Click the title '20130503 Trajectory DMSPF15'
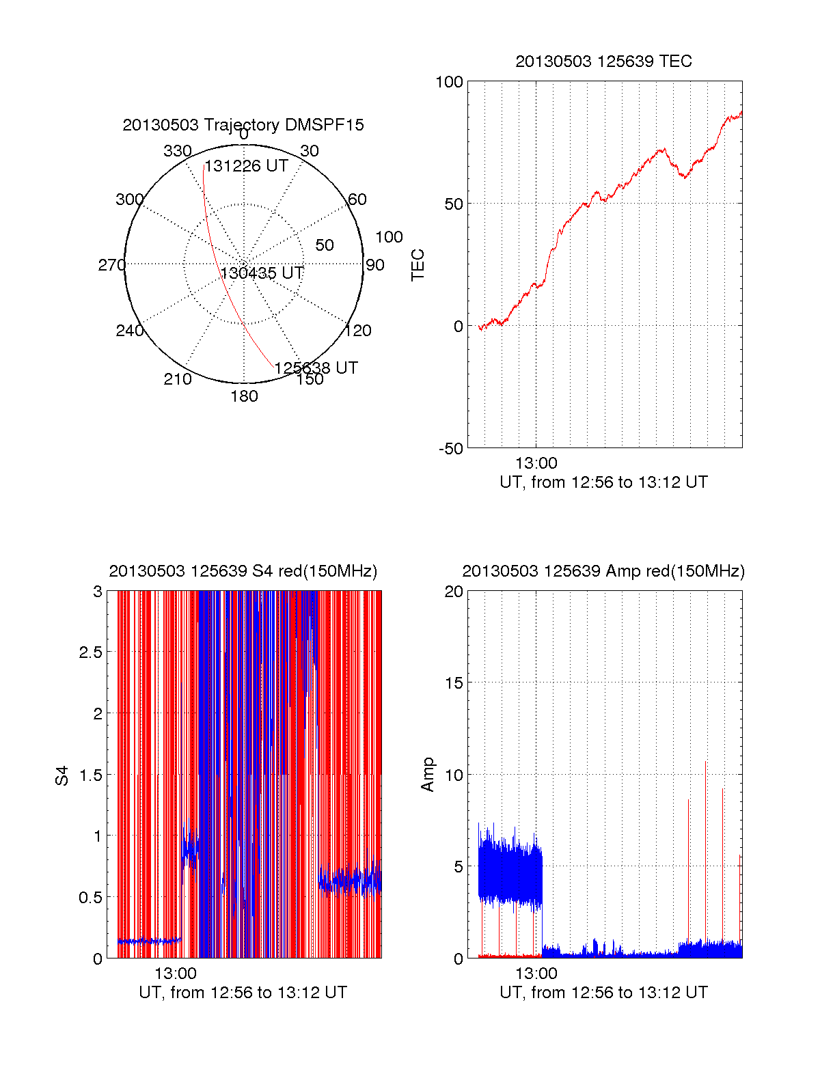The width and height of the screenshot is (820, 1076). [x=243, y=125]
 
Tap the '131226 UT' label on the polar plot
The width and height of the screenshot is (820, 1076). [x=247, y=166]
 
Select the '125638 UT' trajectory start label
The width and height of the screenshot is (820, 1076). [x=316, y=368]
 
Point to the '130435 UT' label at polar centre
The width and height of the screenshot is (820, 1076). [x=262, y=273]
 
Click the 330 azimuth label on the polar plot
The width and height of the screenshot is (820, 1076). [x=177, y=151]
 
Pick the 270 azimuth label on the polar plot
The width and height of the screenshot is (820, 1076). [x=111, y=265]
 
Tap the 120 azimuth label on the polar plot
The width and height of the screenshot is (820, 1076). [x=358, y=331]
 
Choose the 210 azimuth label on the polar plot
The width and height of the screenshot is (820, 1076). [x=177, y=379]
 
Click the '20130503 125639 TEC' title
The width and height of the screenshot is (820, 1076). [x=603, y=61]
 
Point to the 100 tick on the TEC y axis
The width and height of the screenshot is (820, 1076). [x=449, y=82]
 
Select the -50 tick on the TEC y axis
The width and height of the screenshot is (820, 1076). [x=451, y=449]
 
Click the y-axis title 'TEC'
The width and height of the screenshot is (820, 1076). [x=418, y=265]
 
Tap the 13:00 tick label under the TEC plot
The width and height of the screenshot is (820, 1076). [x=536, y=464]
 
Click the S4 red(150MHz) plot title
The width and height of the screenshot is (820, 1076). [x=243, y=571]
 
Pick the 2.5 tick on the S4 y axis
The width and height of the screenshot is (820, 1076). [x=91, y=652]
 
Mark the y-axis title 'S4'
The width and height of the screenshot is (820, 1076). [x=62, y=775]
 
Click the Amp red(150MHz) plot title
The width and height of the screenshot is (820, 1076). [x=603, y=571]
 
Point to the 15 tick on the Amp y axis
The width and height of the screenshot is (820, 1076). [x=454, y=683]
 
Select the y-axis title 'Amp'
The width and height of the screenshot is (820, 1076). [x=428, y=775]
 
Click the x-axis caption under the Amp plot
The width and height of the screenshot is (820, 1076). [x=603, y=993]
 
